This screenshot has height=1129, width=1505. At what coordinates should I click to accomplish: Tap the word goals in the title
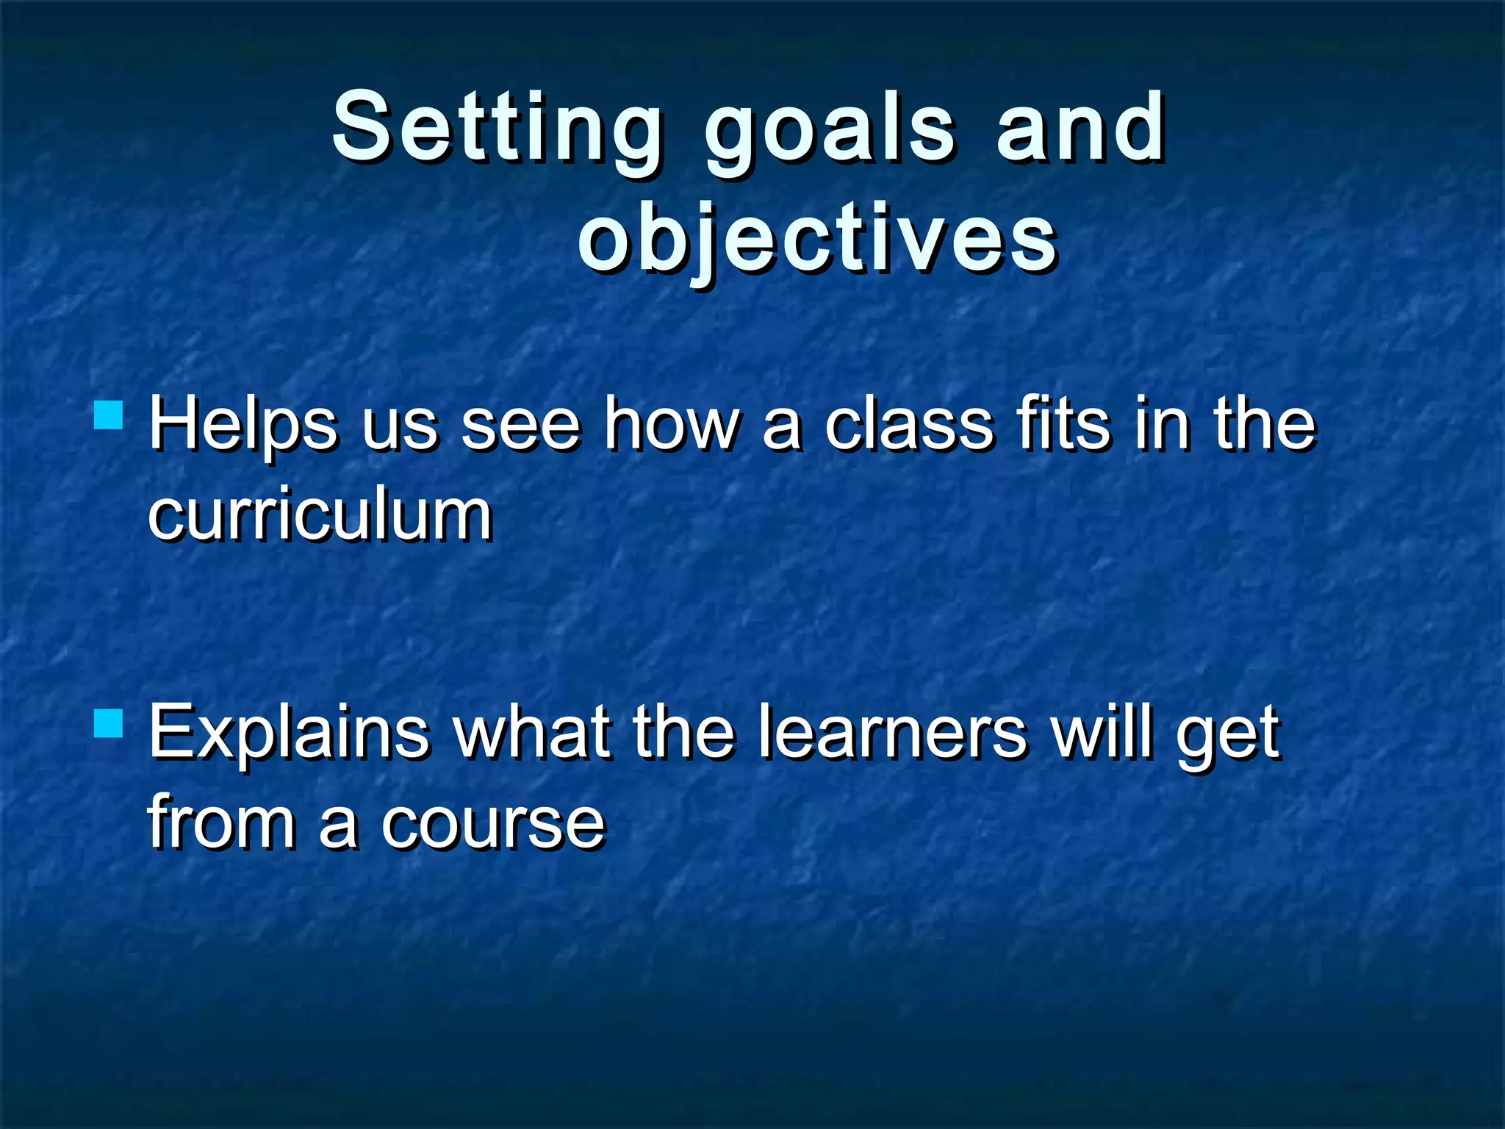click(830, 132)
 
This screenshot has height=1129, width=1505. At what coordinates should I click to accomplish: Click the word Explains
click(289, 734)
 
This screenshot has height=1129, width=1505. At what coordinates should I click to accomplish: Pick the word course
click(492, 824)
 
